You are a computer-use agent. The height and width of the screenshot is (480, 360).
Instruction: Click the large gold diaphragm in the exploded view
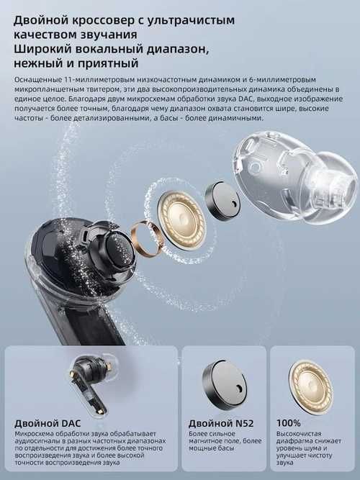click(x=182, y=217)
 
